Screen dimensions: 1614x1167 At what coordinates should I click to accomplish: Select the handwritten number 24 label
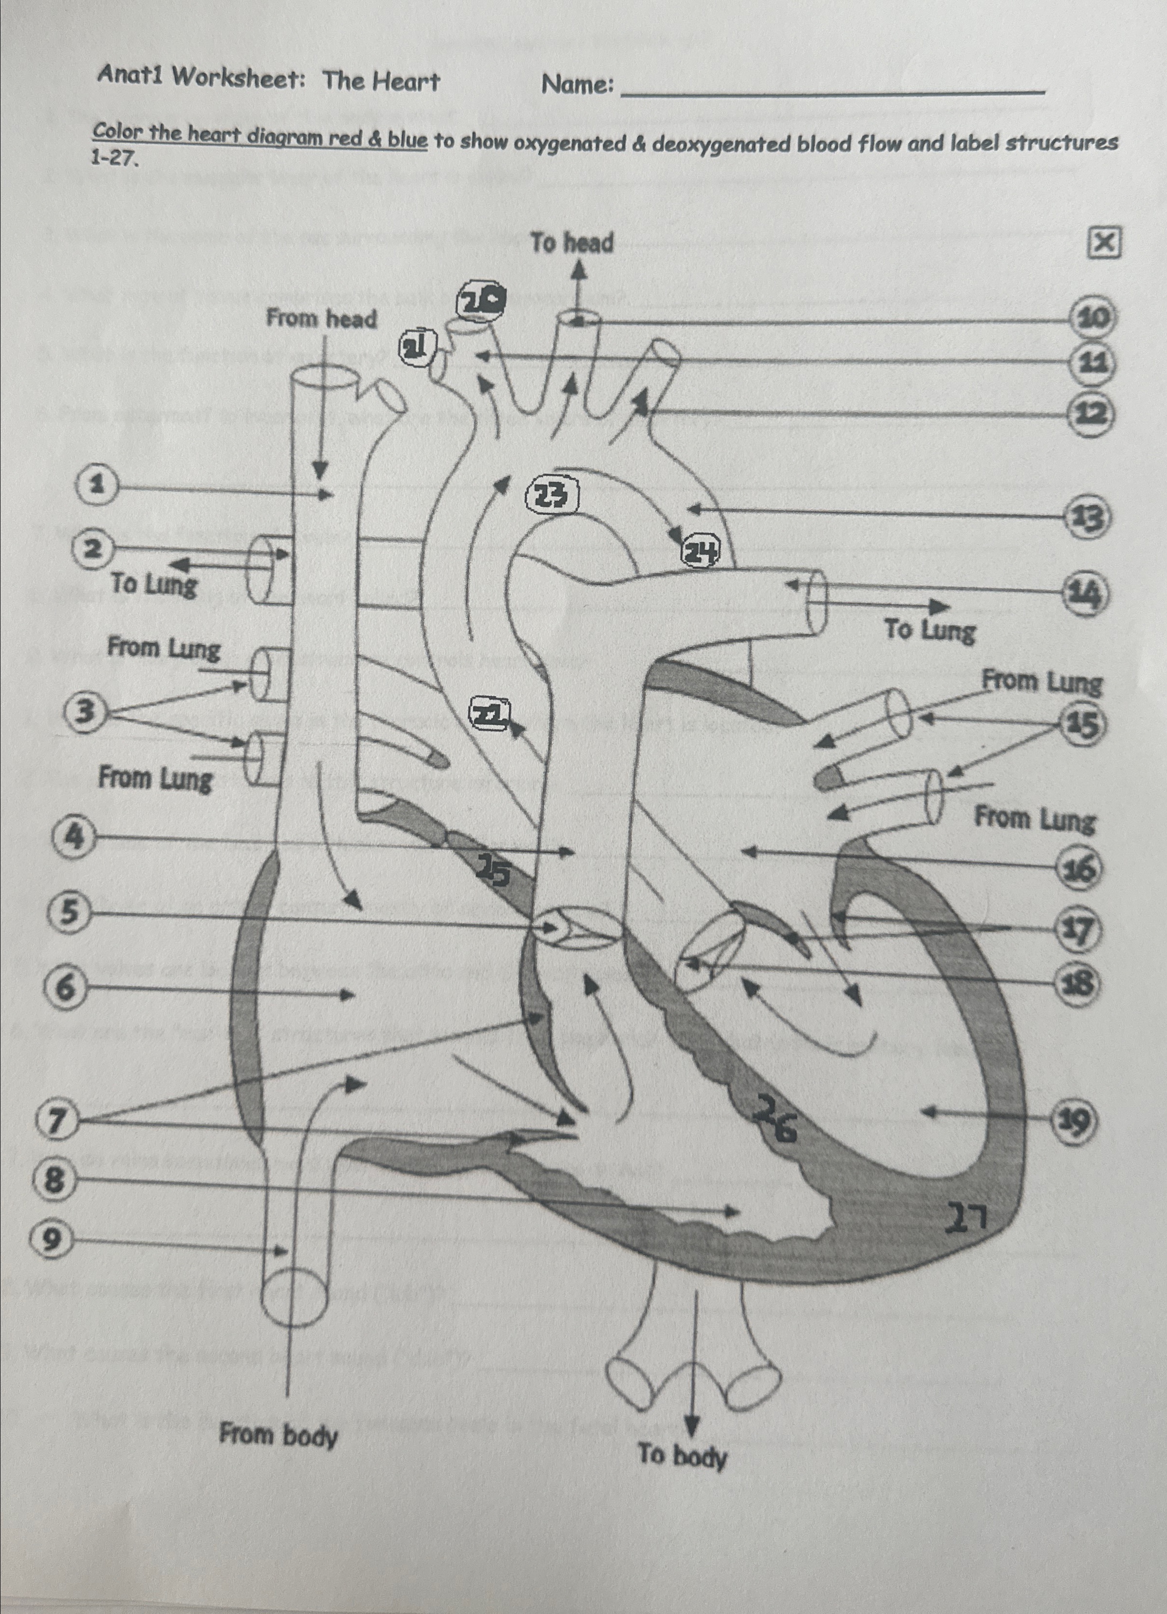701,552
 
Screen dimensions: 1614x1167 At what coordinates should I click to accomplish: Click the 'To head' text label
572,243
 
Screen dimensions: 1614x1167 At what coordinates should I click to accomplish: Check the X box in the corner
1104,243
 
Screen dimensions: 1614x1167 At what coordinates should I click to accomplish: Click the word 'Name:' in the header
577,85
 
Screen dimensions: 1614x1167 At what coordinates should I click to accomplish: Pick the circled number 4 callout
73,838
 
